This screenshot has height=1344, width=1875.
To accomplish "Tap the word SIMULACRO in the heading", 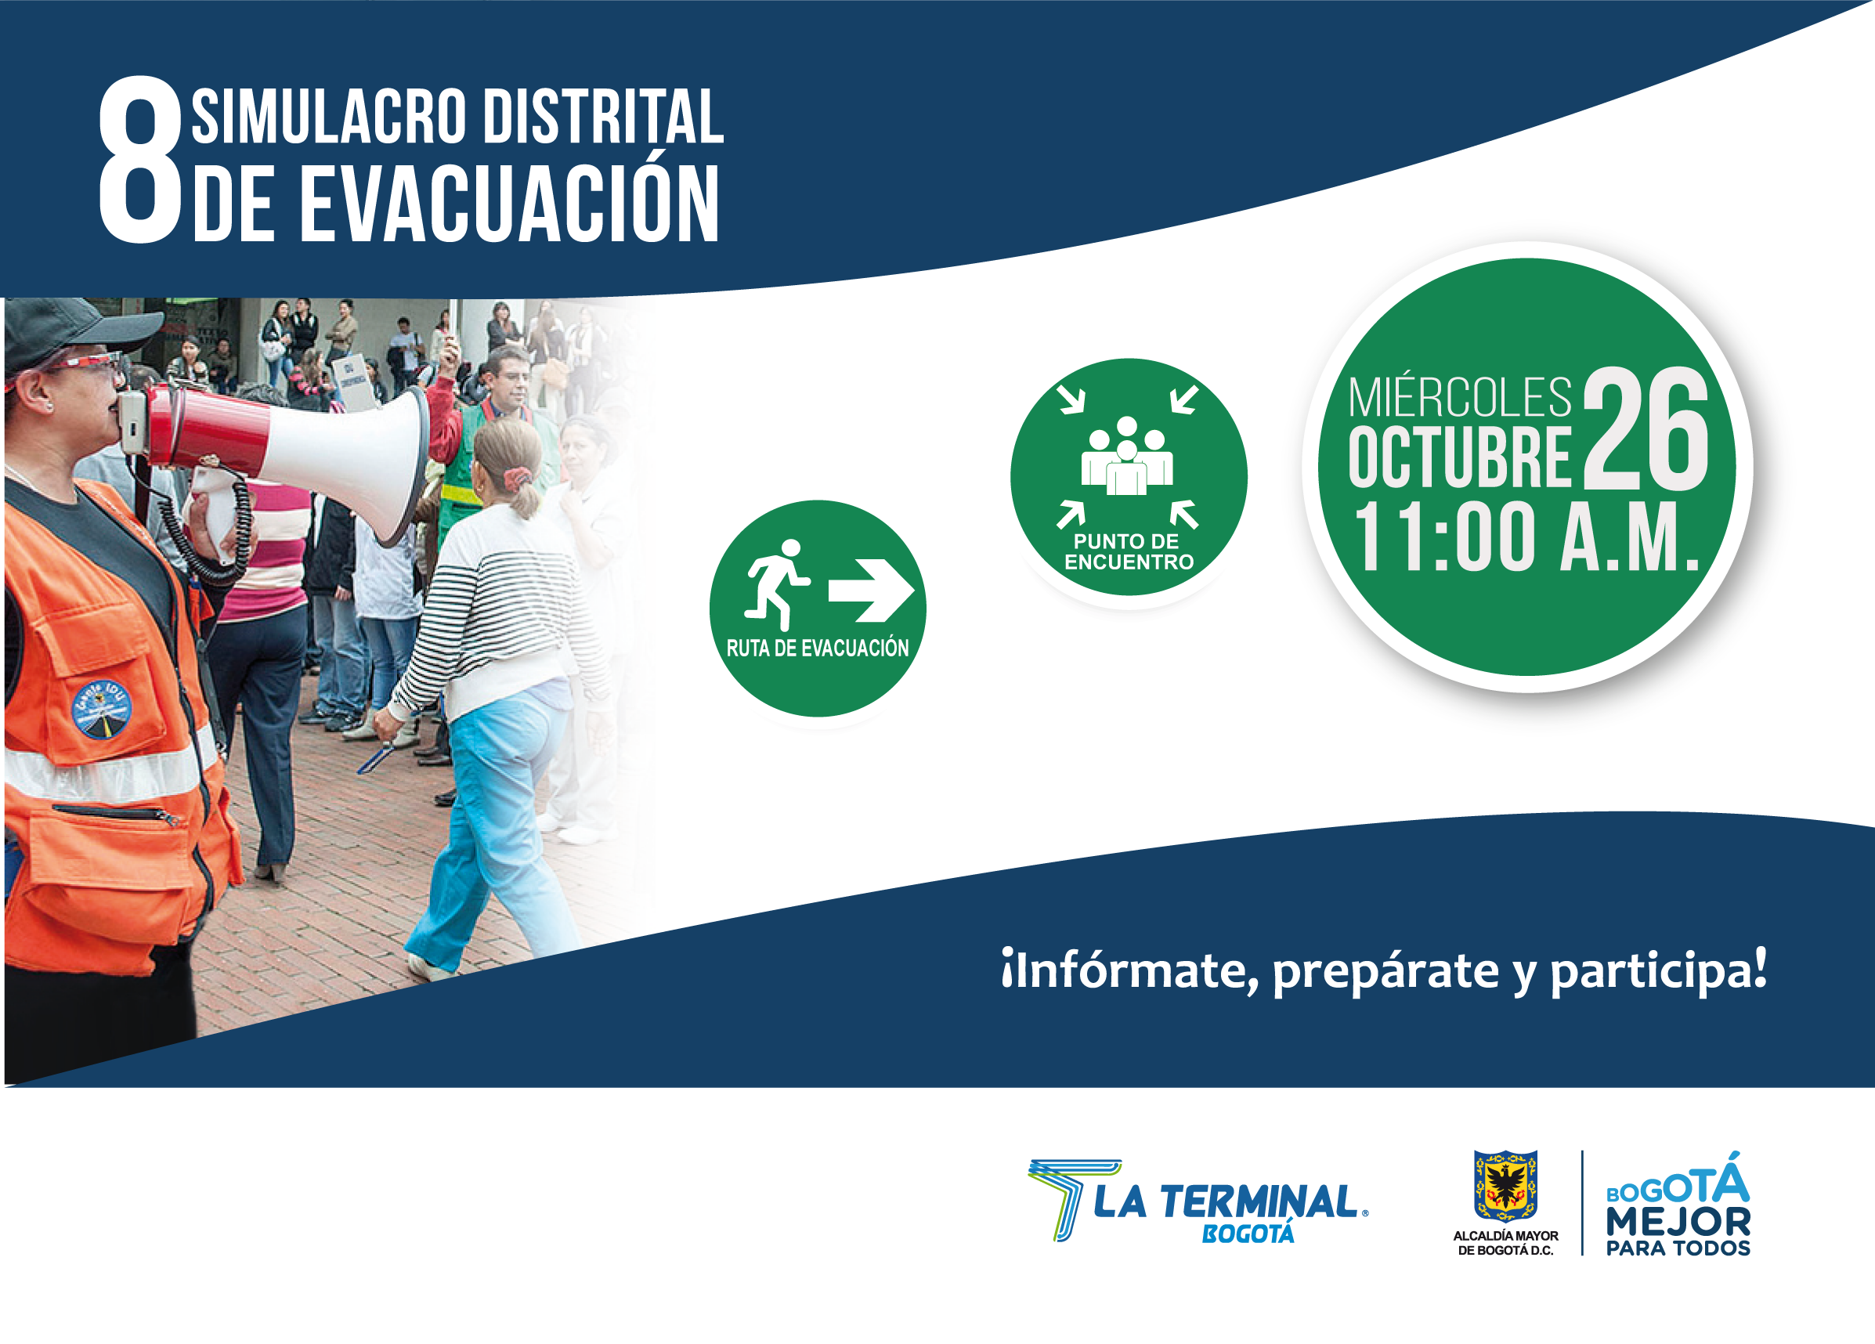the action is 329,116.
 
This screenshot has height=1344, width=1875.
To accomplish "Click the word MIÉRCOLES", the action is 1460,399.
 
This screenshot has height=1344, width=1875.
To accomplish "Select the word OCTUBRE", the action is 1460,457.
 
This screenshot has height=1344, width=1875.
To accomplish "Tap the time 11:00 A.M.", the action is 1526,537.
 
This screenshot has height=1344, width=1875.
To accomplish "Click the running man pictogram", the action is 775,585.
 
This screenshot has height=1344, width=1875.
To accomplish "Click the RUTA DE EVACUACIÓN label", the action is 818,648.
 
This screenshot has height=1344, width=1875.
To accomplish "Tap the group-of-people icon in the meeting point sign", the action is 1127,457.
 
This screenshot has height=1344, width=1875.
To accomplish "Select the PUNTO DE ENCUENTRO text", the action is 1129,552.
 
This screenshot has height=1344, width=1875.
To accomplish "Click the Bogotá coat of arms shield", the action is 1505,1185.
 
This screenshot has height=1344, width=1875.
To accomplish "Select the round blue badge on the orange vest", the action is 102,709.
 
